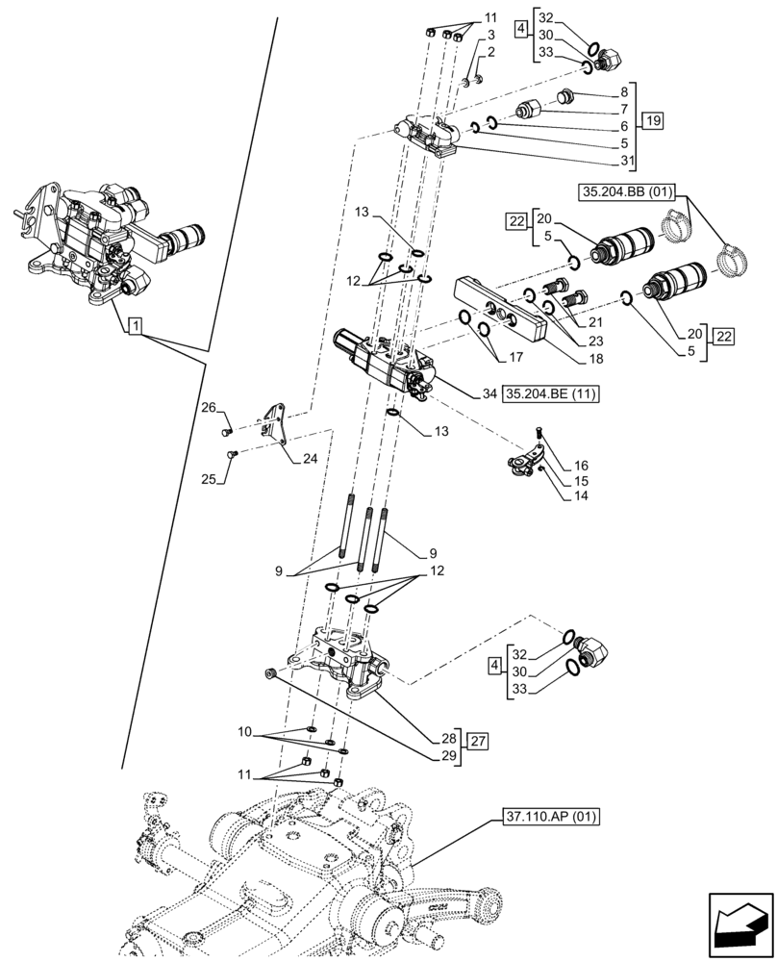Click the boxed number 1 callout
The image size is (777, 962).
tap(135, 328)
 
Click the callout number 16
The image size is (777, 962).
tap(581, 465)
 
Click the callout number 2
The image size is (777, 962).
tap(491, 53)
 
